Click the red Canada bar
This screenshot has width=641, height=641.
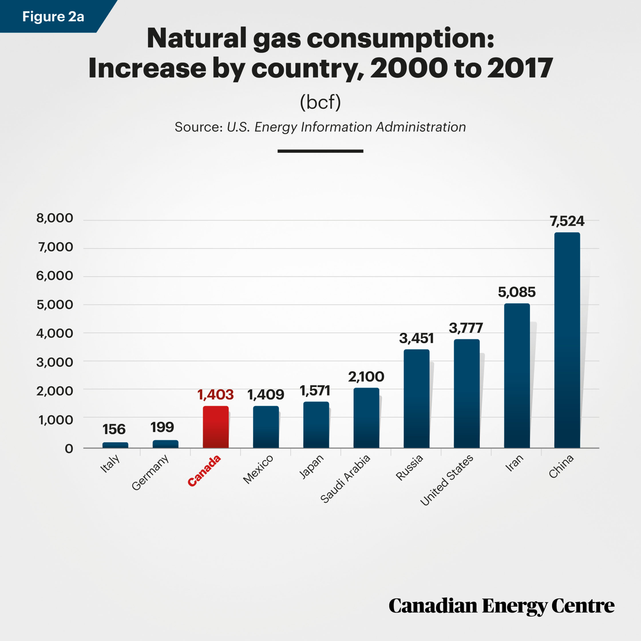[216, 427]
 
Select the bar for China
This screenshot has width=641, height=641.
[567, 340]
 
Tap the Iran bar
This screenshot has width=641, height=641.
[517, 375]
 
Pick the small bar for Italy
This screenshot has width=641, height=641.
[115, 445]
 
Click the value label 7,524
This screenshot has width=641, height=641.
[567, 221]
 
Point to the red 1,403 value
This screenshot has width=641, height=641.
[216, 395]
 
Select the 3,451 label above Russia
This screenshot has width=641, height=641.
[416, 339]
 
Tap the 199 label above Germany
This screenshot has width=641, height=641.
[162, 427]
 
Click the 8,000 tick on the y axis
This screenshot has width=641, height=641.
[55, 218]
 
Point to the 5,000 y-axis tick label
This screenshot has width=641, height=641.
[55, 304]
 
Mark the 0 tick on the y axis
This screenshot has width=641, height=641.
[69, 449]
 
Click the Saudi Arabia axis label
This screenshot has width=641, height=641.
[345, 479]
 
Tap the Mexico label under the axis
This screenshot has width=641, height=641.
[258, 469]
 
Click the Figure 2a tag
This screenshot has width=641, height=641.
[53, 17]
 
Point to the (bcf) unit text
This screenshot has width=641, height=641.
[320, 102]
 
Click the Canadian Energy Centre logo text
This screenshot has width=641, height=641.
[502, 606]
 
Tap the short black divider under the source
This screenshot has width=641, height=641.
[320, 151]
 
